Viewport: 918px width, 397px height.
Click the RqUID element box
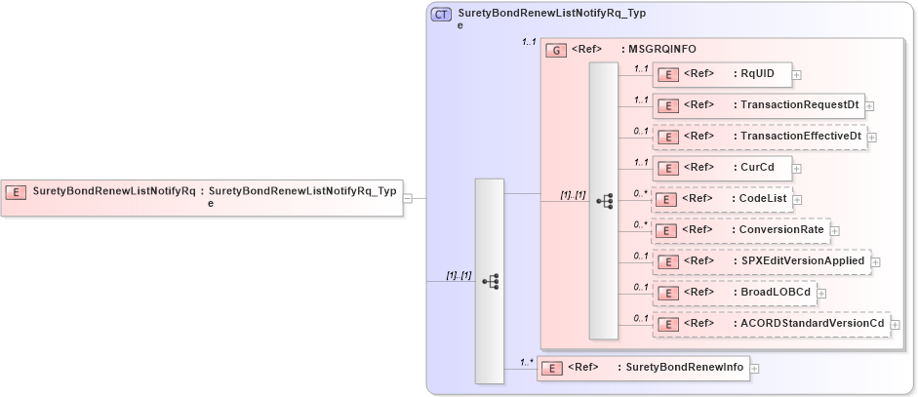722,74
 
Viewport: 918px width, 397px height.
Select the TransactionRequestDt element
757,105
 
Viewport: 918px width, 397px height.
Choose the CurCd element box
722,168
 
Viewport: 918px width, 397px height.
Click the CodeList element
722,199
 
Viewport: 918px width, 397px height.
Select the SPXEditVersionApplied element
761,261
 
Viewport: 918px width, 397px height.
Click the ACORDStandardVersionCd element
771,323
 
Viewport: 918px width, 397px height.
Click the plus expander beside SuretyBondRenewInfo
754,369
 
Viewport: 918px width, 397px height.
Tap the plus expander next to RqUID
797,74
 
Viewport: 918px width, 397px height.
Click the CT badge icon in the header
441,15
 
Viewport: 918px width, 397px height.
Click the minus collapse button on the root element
407,198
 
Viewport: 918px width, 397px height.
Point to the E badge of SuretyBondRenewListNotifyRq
16,192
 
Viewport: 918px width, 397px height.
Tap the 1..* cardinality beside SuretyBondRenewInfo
527,363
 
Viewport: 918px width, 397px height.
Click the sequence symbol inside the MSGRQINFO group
604,200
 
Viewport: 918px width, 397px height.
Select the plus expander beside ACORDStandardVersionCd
896,324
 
